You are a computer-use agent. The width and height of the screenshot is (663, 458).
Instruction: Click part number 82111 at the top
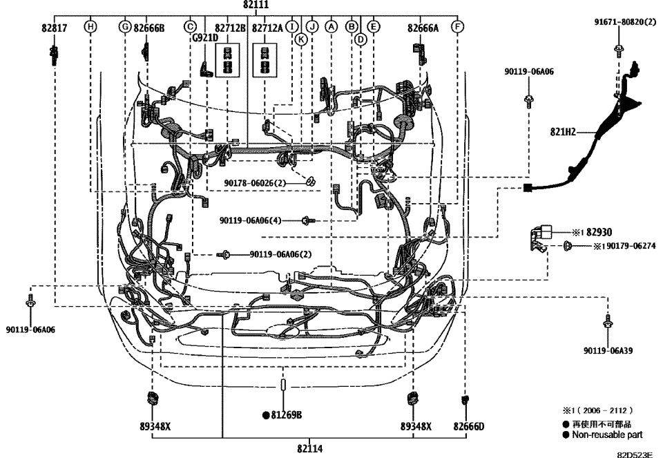257,5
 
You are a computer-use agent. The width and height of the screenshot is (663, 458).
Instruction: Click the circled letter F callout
457,27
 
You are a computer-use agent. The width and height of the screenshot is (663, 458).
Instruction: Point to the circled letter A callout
331,27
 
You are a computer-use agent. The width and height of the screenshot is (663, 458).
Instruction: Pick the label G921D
205,39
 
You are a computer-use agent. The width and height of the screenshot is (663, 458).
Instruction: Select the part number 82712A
267,28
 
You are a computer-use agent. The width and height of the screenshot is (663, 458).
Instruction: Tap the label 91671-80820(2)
625,22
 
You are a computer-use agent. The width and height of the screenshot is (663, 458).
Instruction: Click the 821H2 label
563,131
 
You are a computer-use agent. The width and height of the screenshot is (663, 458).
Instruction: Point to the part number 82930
600,232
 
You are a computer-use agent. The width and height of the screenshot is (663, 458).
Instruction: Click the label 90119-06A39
607,350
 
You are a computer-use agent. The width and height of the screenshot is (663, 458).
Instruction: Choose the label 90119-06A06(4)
251,220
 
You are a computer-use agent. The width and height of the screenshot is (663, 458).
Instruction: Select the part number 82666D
469,426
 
